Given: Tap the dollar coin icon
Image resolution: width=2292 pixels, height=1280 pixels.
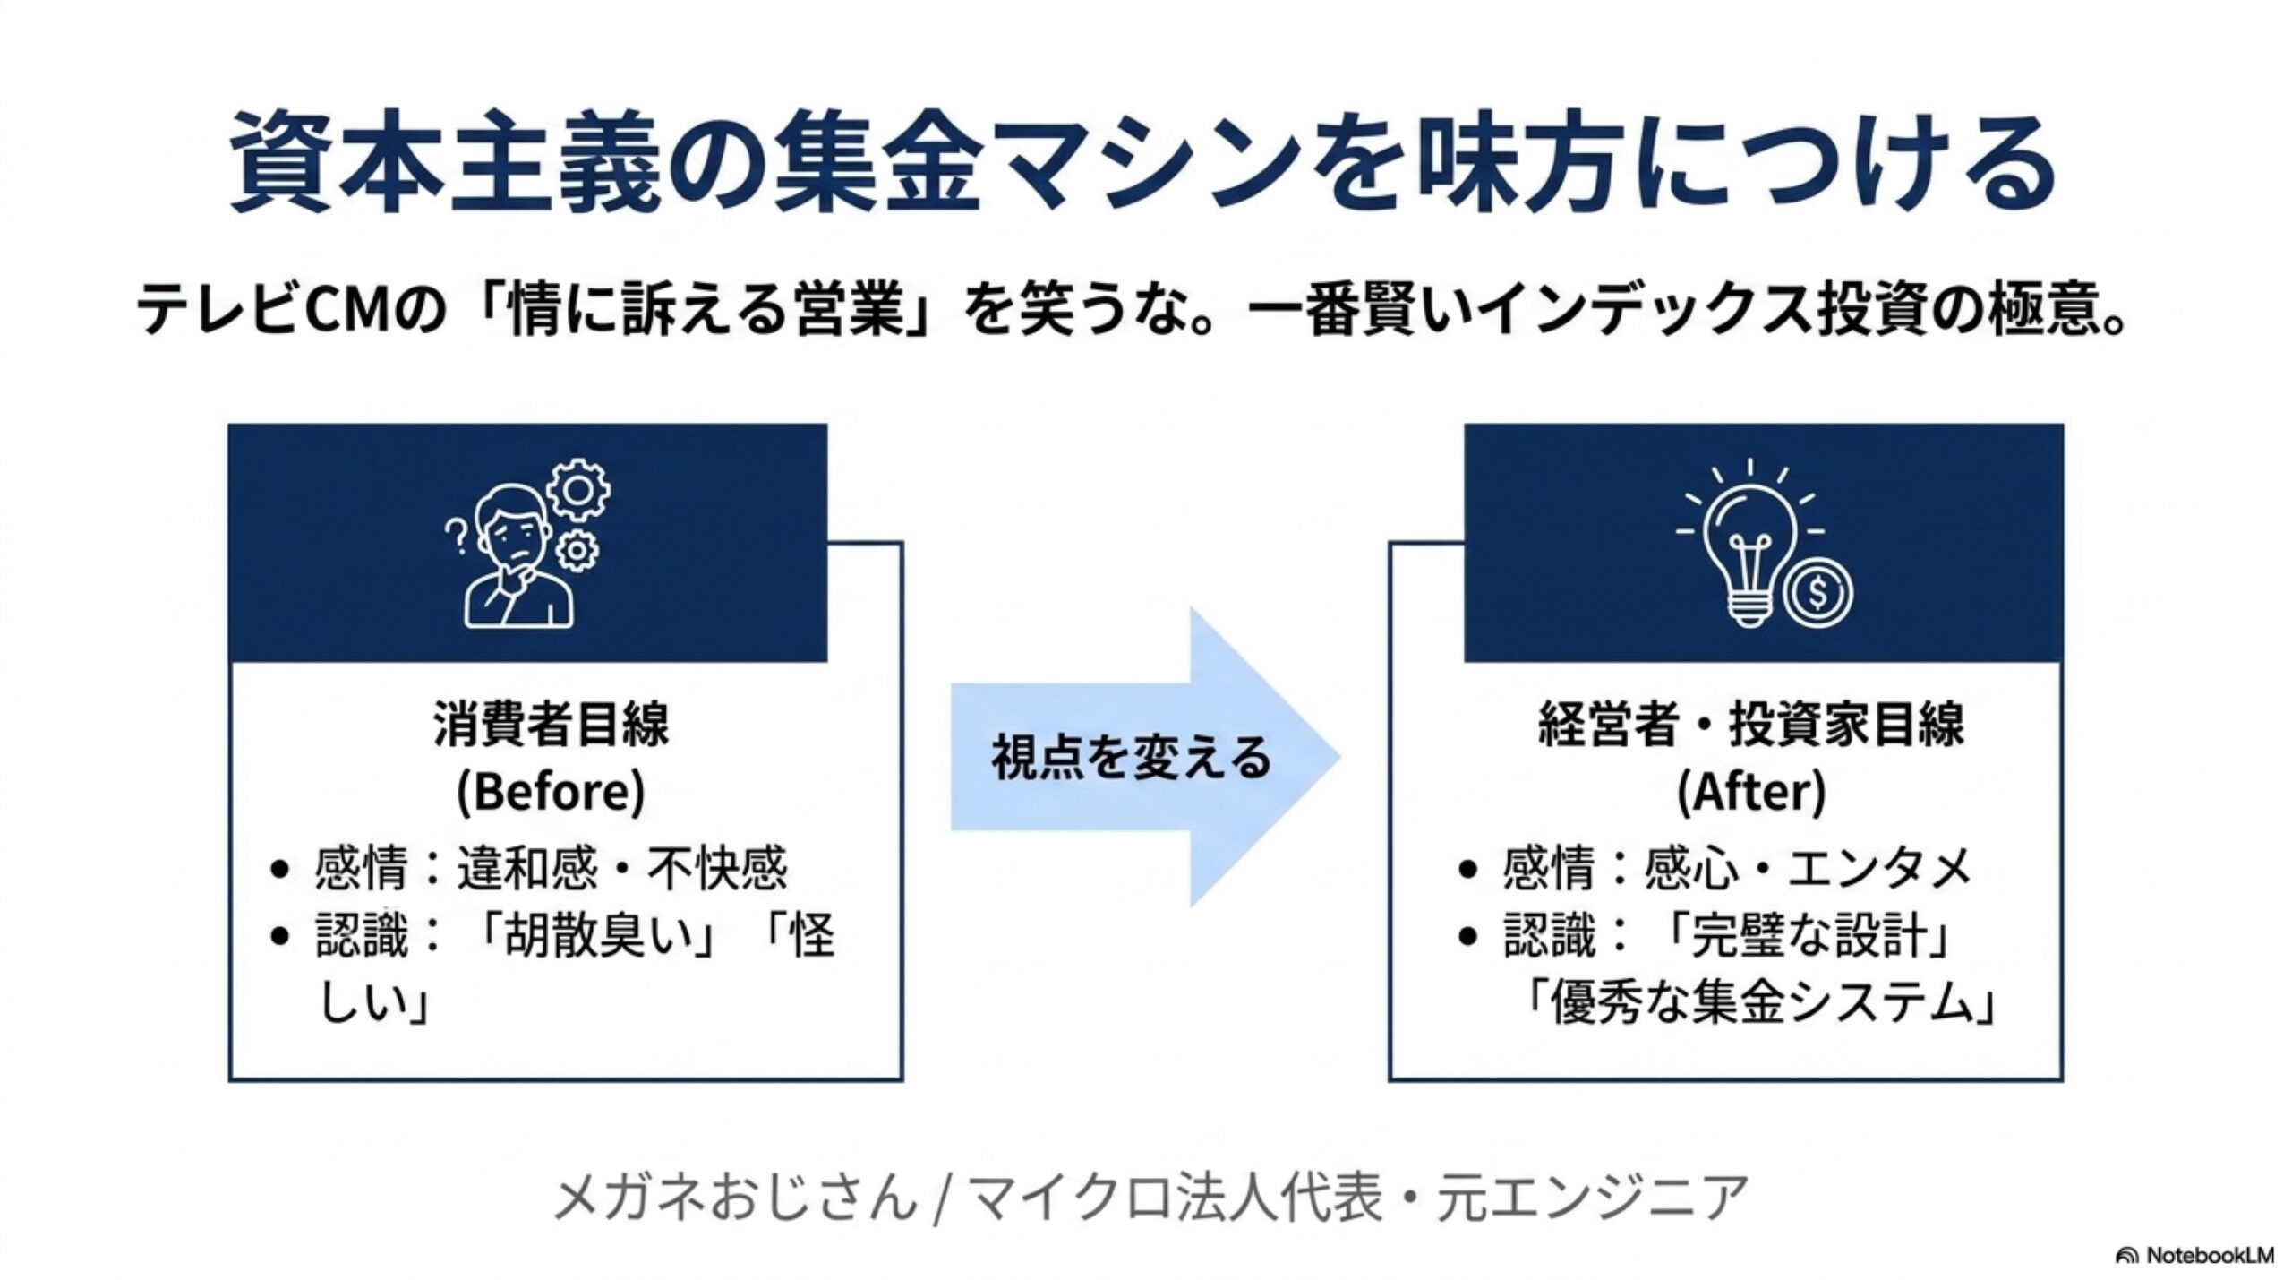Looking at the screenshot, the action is [1817, 592].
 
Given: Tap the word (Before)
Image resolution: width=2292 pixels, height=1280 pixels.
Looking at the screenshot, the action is [551, 791].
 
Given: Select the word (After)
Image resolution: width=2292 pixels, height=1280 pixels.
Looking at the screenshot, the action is [1750, 791].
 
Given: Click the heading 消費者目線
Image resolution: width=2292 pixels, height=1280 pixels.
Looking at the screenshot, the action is [551, 724].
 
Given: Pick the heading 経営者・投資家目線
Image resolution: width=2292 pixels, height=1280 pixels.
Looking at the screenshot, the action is [1750, 724].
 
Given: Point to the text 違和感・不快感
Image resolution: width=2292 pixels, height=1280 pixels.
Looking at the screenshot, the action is [622, 868].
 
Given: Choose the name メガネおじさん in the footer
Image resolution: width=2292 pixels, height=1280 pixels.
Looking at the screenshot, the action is [736, 1198].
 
